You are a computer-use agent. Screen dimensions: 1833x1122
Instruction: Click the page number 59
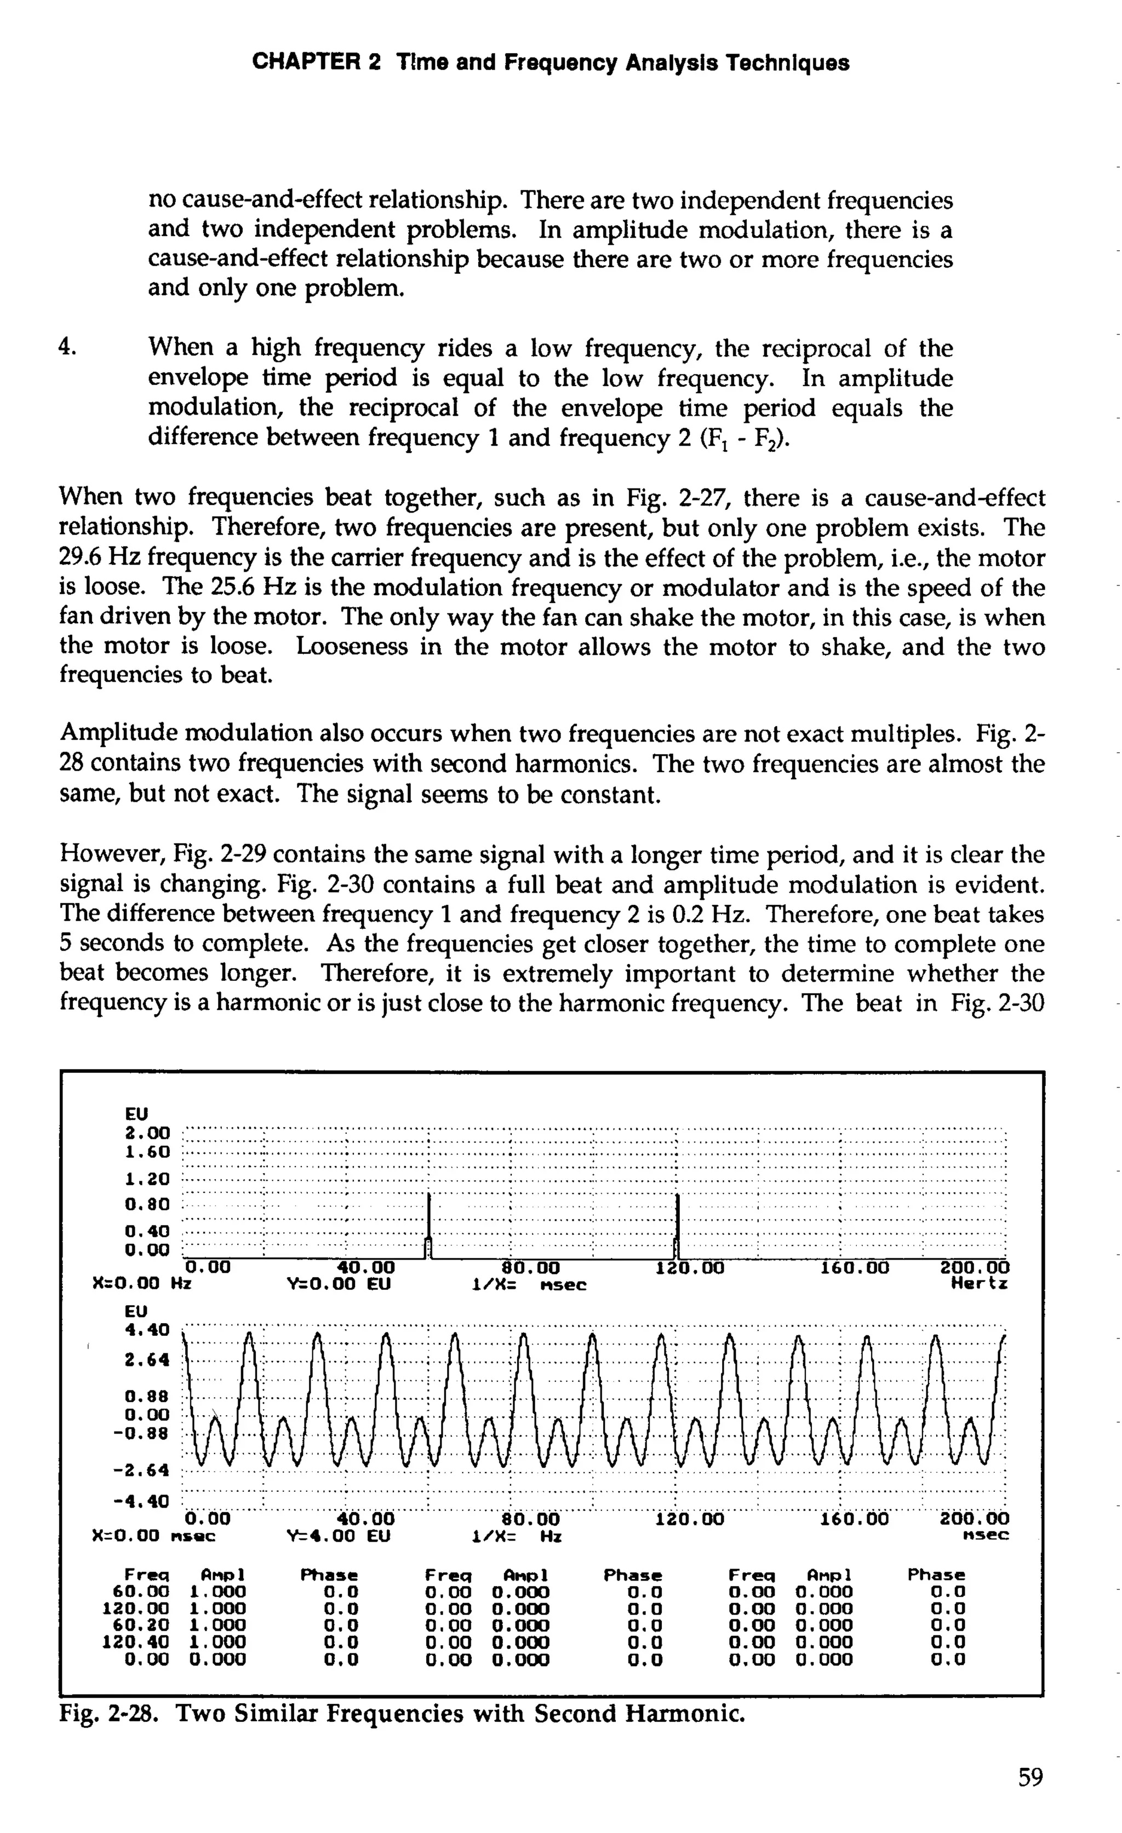(x=1031, y=1777)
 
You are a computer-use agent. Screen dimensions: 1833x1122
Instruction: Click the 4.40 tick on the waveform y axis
(x=147, y=1329)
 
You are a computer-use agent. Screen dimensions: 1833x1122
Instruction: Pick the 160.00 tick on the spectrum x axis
(x=854, y=1267)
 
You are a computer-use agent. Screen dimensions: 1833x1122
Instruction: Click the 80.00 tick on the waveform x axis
(x=527, y=1518)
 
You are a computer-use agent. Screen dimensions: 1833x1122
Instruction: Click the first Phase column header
(x=329, y=1576)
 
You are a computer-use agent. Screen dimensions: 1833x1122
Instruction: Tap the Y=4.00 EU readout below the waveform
(x=339, y=1536)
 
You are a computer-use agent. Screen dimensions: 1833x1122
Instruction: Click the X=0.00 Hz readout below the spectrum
(x=141, y=1284)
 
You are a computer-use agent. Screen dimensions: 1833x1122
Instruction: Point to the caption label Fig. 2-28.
(x=108, y=1714)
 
